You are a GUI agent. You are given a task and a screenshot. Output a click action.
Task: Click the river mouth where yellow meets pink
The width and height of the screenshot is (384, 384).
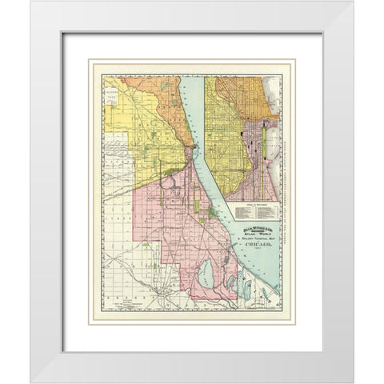coord(190,152)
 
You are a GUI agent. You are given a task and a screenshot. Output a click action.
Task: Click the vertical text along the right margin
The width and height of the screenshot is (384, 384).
coord(283,152)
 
